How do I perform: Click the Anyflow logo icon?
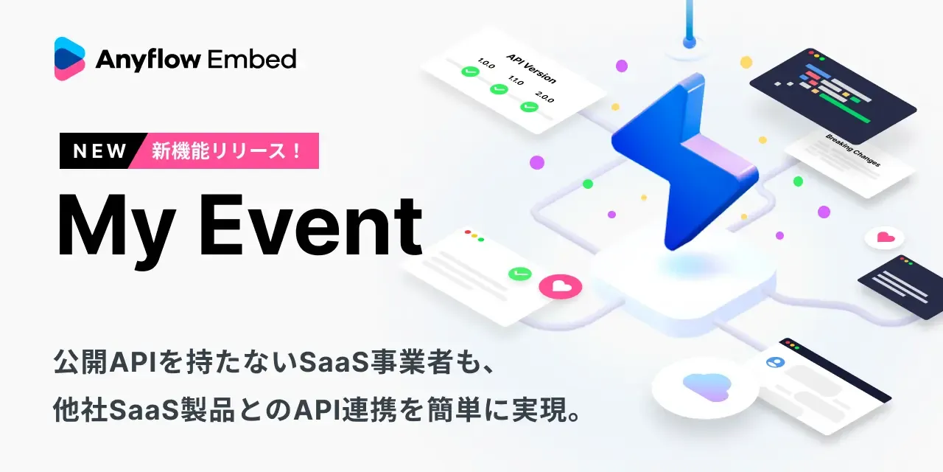tap(70, 58)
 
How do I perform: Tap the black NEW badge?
tap(100, 151)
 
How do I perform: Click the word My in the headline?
tap(114, 225)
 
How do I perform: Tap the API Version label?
tap(531, 68)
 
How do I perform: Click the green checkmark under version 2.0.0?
tap(529, 106)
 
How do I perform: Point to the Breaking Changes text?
tap(852, 150)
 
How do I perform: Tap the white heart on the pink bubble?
tap(560, 285)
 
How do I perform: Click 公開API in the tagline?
tap(93, 362)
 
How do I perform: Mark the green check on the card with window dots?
tap(519, 274)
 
